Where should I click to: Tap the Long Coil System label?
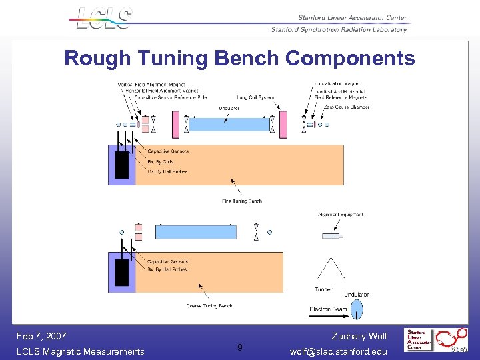point(255,98)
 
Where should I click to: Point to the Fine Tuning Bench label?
point(241,201)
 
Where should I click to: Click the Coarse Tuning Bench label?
point(209,306)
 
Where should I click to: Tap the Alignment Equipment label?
point(341,215)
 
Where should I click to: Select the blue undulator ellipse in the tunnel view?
point(357,309)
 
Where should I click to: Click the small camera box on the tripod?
point(331,236)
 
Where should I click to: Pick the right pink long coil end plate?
point(282,125)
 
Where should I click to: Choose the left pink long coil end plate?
point(177,125)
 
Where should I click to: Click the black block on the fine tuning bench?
point(121,165)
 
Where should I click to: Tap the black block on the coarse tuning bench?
point(121,272)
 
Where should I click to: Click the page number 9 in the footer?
point(240,347)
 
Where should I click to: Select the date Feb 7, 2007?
point(41,336)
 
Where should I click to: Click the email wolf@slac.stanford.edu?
point(339,351)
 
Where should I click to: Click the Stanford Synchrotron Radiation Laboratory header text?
point(339,29)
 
